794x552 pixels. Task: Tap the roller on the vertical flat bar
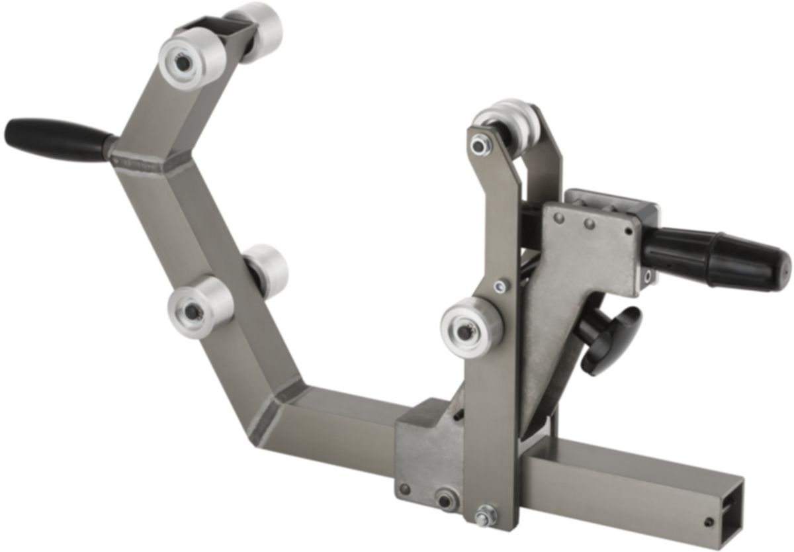470,325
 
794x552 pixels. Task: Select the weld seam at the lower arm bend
269,416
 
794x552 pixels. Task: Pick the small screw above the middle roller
502,286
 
